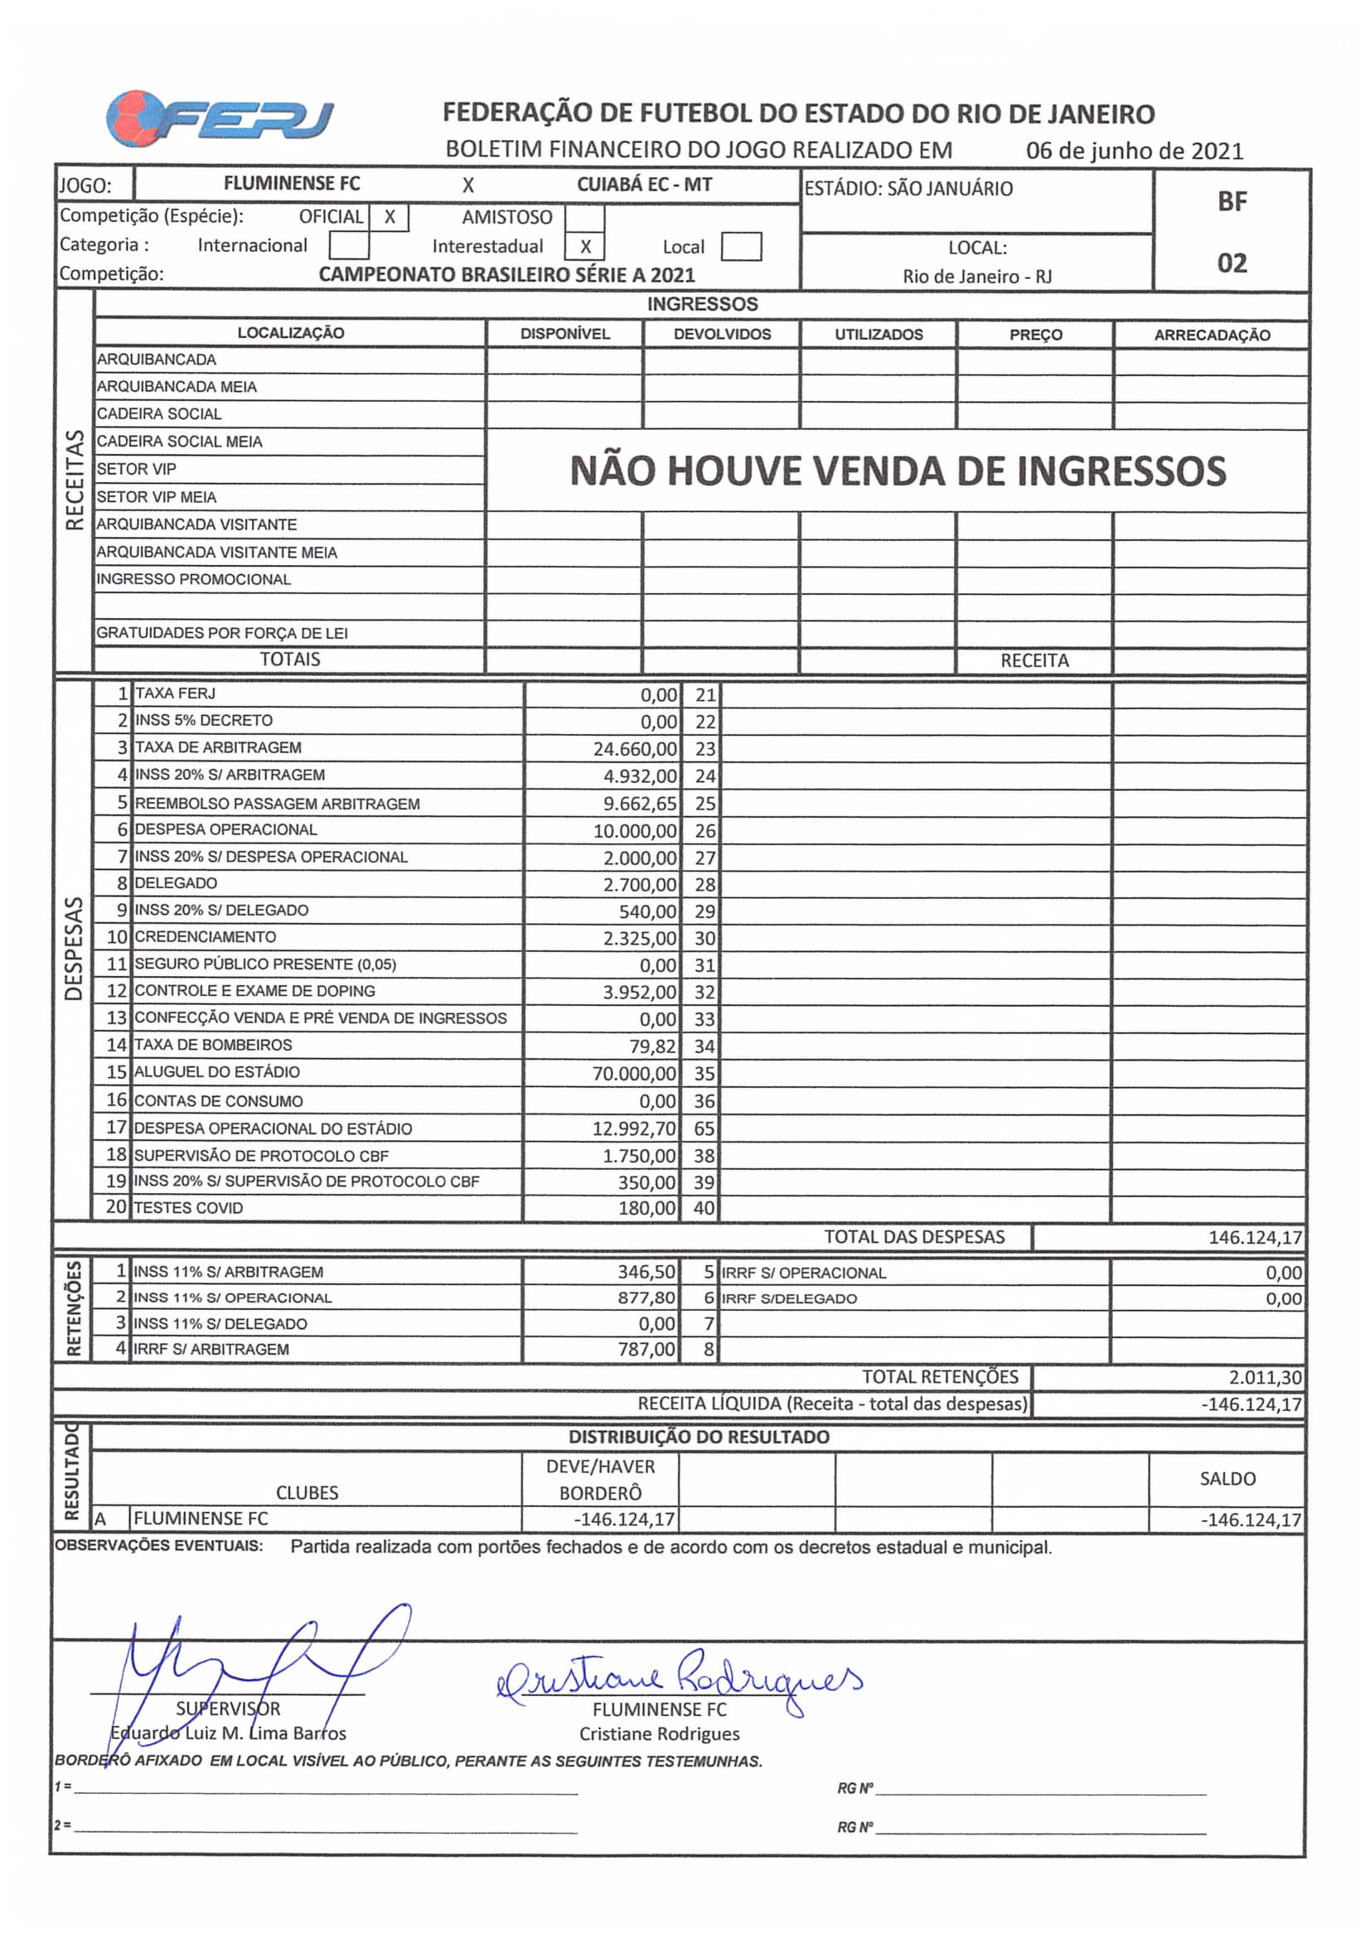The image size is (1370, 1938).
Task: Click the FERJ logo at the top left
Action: click(220, 119)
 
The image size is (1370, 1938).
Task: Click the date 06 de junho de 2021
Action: click(1134, 151)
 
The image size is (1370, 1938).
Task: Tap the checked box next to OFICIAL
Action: click(390, 217)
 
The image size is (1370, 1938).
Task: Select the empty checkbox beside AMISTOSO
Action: click(584, 218)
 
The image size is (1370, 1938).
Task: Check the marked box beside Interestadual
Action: click(584, 246)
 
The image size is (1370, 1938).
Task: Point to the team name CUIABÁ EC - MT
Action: click(644, 185)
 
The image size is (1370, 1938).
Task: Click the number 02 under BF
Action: click(1232, 263)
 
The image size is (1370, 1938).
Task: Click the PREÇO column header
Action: click(1035, 334)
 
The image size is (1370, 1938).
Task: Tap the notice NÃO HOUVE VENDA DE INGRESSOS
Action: click(898, 471)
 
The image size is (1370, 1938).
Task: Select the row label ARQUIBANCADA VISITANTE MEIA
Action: click(217, 552)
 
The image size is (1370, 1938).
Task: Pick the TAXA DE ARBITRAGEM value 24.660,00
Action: click(635, 749)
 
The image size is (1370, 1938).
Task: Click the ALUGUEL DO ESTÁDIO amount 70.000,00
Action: click(634, 1074)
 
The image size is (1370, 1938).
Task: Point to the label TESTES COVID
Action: click(188, 1208)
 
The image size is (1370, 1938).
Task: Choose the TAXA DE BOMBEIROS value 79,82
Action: click(652, 1046)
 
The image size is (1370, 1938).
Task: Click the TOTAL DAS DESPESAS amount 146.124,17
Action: click(1254, 1237)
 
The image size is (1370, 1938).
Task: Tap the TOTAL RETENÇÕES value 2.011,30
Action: click(1265, 1378)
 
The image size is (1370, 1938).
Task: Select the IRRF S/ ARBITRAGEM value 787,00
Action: click(646, 1349)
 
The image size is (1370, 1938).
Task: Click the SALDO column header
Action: click(1227, 1478)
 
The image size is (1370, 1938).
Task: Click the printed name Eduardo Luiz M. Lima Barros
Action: click(228, 1733)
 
